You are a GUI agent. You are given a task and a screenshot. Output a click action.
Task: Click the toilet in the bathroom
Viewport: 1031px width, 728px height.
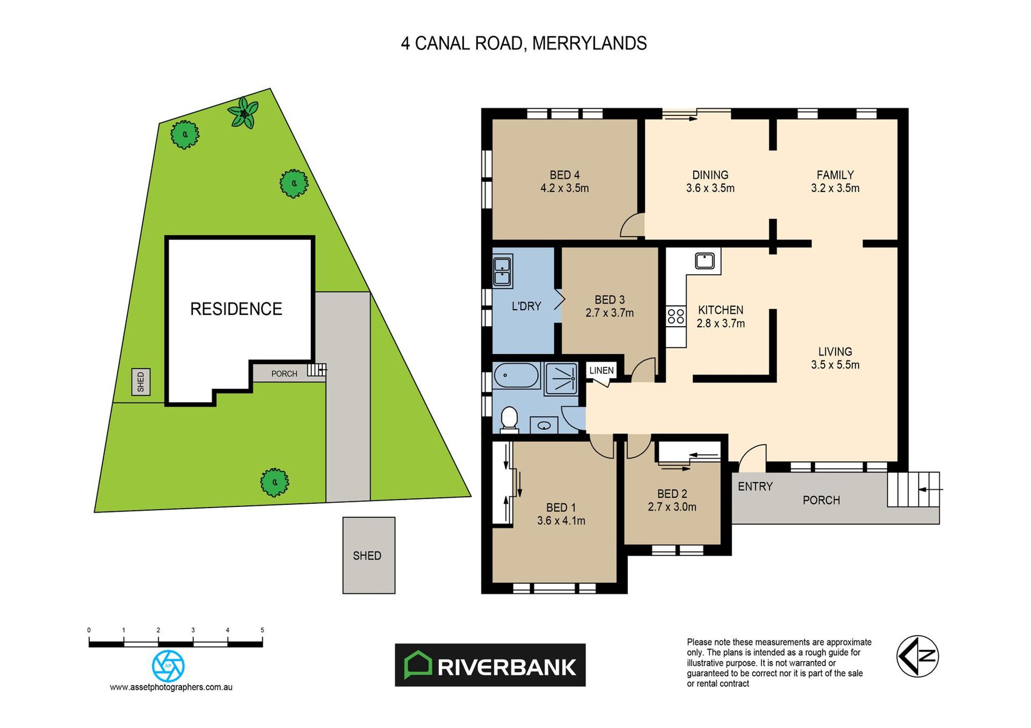509,418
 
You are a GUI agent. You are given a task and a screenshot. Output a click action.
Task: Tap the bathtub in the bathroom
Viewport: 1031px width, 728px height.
516,376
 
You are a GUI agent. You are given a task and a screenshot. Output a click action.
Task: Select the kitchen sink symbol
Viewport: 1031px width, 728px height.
704,261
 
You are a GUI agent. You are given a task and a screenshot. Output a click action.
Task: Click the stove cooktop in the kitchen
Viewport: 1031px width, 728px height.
675,316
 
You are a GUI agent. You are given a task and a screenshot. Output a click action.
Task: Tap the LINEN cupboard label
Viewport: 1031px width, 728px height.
601,370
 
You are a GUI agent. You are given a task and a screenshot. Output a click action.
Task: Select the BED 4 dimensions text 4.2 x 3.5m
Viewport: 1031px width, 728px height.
564,189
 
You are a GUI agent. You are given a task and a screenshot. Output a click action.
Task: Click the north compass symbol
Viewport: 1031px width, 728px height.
917,656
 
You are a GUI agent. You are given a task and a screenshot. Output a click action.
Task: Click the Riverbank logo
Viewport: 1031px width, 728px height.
490,665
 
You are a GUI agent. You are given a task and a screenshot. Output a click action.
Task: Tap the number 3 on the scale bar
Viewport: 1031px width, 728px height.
193,630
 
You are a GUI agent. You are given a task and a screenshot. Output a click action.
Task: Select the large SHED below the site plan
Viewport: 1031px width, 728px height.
369,555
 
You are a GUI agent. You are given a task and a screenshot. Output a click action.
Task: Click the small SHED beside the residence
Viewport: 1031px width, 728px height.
141,382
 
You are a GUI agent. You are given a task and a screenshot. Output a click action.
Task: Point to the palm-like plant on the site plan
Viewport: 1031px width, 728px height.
243,113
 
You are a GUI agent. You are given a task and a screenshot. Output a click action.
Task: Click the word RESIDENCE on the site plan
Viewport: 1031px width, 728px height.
236,309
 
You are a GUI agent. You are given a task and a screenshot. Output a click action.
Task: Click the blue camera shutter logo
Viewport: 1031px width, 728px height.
168,666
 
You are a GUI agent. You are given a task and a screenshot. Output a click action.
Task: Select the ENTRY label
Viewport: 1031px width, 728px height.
755,486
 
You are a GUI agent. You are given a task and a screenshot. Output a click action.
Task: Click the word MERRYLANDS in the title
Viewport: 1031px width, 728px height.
589,43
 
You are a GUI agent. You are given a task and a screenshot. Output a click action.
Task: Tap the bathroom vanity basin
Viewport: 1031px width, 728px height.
544,426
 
